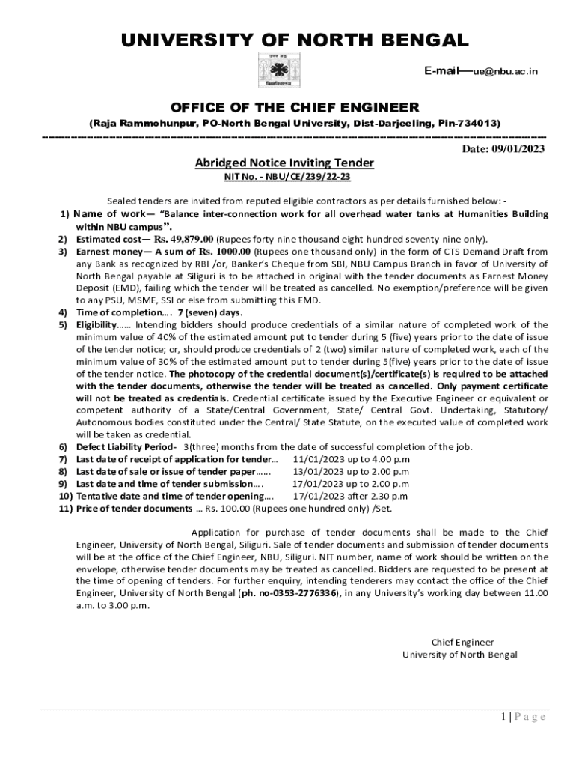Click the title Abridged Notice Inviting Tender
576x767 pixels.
(284, 163)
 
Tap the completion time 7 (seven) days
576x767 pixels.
(210, 312)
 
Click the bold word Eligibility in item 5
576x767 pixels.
(96, 324)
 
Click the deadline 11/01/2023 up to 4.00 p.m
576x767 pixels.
(351, 459)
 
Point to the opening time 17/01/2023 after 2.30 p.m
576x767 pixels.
(350, 496)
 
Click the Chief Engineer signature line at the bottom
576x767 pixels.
(463, 642)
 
